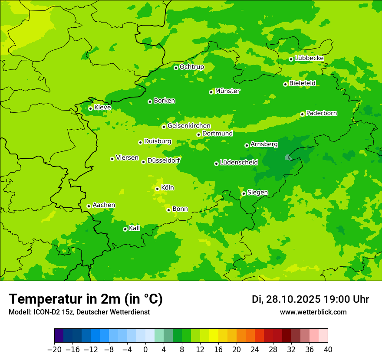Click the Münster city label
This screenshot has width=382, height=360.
pyautogui.click(x=227, y=91)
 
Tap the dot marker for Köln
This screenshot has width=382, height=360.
pyautogui.click(x=157, y=189)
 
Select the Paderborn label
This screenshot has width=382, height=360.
pyautogui.click(x=322, y=113)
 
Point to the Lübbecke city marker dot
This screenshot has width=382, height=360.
pyautogui.click(x=291, y=59)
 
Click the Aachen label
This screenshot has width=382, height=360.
pyautogui.click(x=104, y=205)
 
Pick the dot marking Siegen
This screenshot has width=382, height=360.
pyautogui.click(x=244, y=193)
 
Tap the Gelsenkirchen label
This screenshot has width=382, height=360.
pyautogui.click(x=189, y=126)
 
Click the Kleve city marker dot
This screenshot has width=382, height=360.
pyautogui.click(x=90, y=108)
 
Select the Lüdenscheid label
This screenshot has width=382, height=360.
pyautogui.click(x=239, y=163)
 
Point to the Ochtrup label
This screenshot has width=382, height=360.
pyautogui.click(x=192, y=67)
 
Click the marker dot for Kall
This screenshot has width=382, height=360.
pyautogui.click(x=125, y=229)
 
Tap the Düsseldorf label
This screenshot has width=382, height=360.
pyautogui.click(x=164, y=160)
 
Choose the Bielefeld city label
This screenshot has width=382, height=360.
pyautogui.click(x=303, y=83)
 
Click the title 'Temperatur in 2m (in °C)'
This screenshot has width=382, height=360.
pyautogui.click(x=86, y=299)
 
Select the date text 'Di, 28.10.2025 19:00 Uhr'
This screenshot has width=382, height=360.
pyautogui.click(x=310, y=299)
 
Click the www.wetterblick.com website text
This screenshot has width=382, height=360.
pyautogui.click(x=313, y=312)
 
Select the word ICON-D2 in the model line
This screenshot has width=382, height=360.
pyautogui.click(x=44, y=312)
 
